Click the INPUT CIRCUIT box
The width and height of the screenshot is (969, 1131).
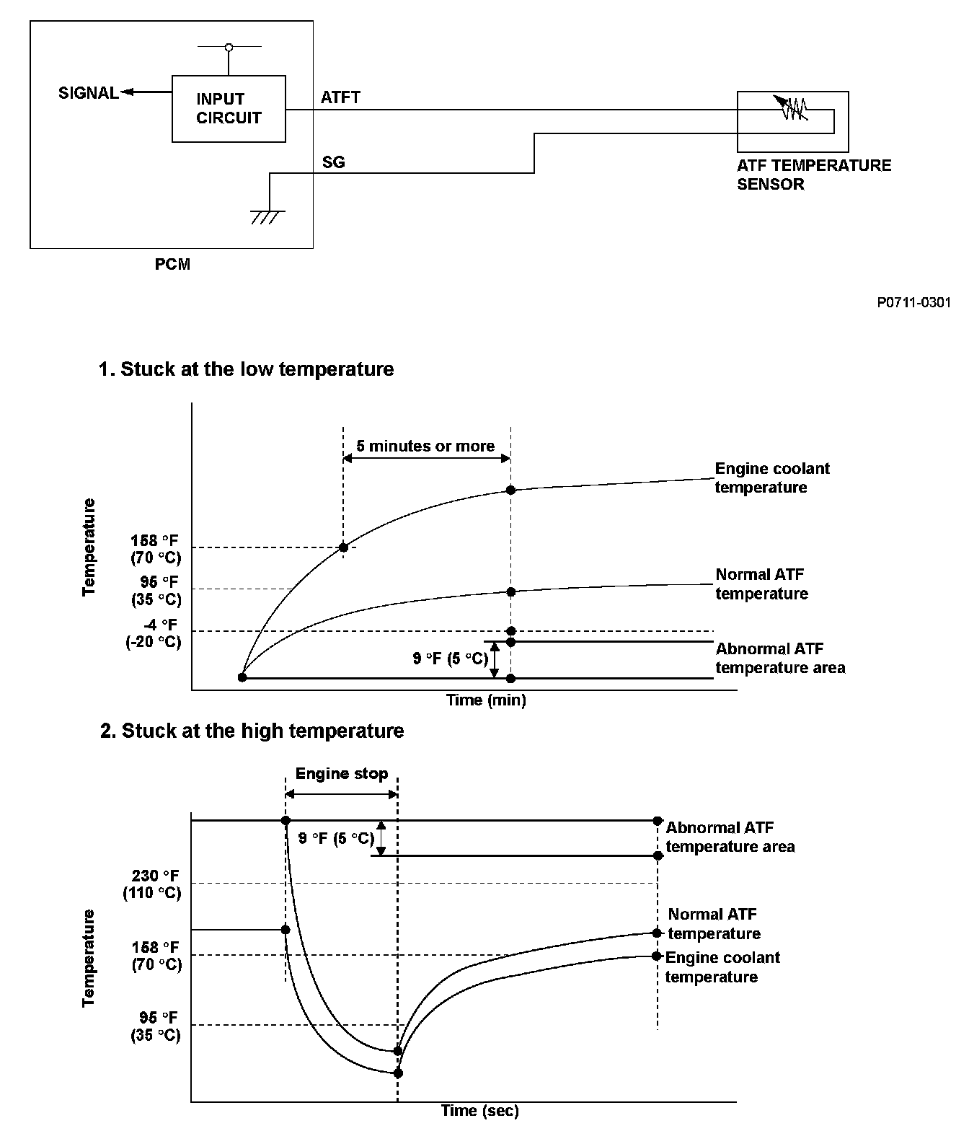point(229,109)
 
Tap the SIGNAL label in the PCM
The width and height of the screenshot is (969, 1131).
point(88,93)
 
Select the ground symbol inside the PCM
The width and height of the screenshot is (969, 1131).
point(267,216)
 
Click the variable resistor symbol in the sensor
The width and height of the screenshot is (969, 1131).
point(793,108)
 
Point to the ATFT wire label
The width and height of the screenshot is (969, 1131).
point(340,97)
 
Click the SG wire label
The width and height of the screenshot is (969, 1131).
point(333,162)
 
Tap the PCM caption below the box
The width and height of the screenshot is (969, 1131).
point(172,265)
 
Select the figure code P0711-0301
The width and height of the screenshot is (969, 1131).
point(913,303)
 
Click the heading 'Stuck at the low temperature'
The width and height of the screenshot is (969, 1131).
point(246,369)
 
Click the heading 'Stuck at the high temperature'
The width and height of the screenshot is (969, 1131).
point(252,731)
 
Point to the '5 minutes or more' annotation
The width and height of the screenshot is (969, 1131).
point(425,446)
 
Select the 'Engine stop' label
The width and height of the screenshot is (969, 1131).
point(342,774)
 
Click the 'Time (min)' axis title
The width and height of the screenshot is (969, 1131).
point(486,700)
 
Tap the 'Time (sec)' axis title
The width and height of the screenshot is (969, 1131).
point(480,1111)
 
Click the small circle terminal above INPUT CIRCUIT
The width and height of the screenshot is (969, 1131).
point(229,48)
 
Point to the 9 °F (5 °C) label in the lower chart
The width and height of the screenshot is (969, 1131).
point(336,838)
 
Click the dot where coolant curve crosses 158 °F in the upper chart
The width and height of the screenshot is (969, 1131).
point(343,547)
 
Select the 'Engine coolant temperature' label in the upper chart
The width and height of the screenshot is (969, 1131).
point(771,478)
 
